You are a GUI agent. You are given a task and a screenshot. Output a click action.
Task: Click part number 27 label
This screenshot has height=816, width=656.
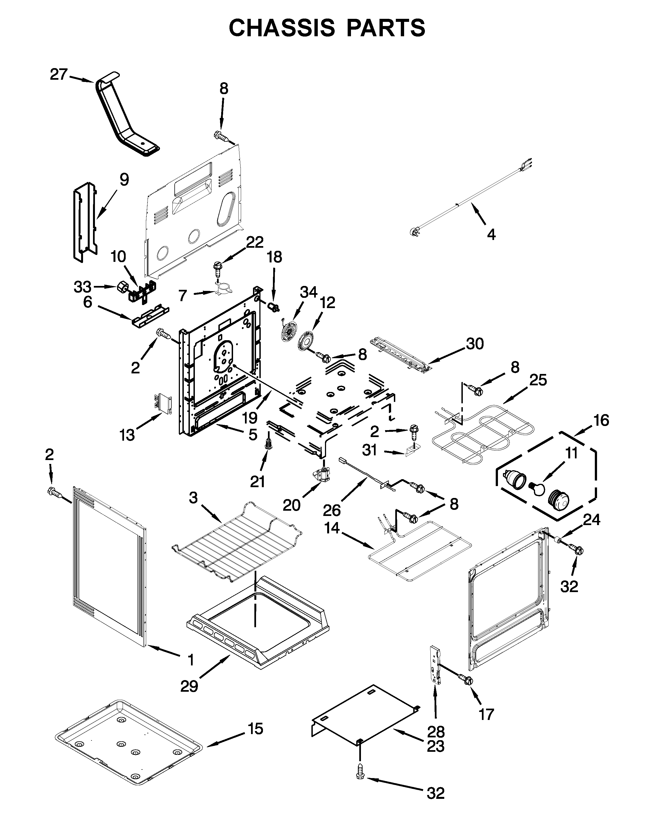(x=59, y=74)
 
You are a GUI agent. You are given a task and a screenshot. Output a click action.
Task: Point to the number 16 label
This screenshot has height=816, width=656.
(x=601, y=420)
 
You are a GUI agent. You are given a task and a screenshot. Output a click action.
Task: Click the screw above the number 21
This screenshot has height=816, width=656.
(x=269, y=444)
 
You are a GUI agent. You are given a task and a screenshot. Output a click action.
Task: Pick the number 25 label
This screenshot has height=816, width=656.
(x=538, y=380)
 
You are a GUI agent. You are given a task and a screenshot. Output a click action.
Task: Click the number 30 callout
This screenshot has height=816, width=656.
(x=475, y=344)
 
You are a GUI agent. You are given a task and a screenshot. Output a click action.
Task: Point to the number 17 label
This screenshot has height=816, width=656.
(x=486, y=714)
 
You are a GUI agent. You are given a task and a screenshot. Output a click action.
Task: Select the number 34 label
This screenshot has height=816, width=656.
(x=309, y=292)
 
